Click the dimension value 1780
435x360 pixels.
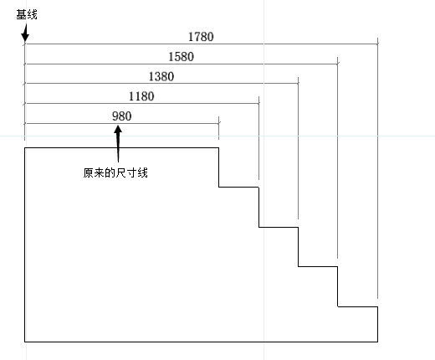click(201, 37)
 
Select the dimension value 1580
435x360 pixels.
click(181, 57)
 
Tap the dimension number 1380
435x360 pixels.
click(161, 76)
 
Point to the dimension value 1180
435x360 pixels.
click(141, 96)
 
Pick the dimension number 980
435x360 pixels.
click(122, 116)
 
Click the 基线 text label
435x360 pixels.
click(27, 14)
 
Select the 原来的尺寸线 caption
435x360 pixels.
click(115, 172)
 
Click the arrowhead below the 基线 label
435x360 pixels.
click(25, 36)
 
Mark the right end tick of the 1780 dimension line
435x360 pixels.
click(378, 44)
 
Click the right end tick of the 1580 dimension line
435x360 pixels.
click(338, 64)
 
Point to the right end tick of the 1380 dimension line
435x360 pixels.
click(298, 83)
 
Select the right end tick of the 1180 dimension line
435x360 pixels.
click(258, 103)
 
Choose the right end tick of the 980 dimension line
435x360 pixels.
click(219, 123)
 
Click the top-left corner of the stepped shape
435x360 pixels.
click(25, 148)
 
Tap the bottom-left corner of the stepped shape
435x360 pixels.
click(25, 342)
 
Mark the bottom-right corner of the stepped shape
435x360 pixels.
click(378, 342)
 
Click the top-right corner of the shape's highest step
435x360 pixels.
click(219, 148)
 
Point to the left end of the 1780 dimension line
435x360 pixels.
click(25, 44)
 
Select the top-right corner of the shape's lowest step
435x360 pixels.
click(378, 306)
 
